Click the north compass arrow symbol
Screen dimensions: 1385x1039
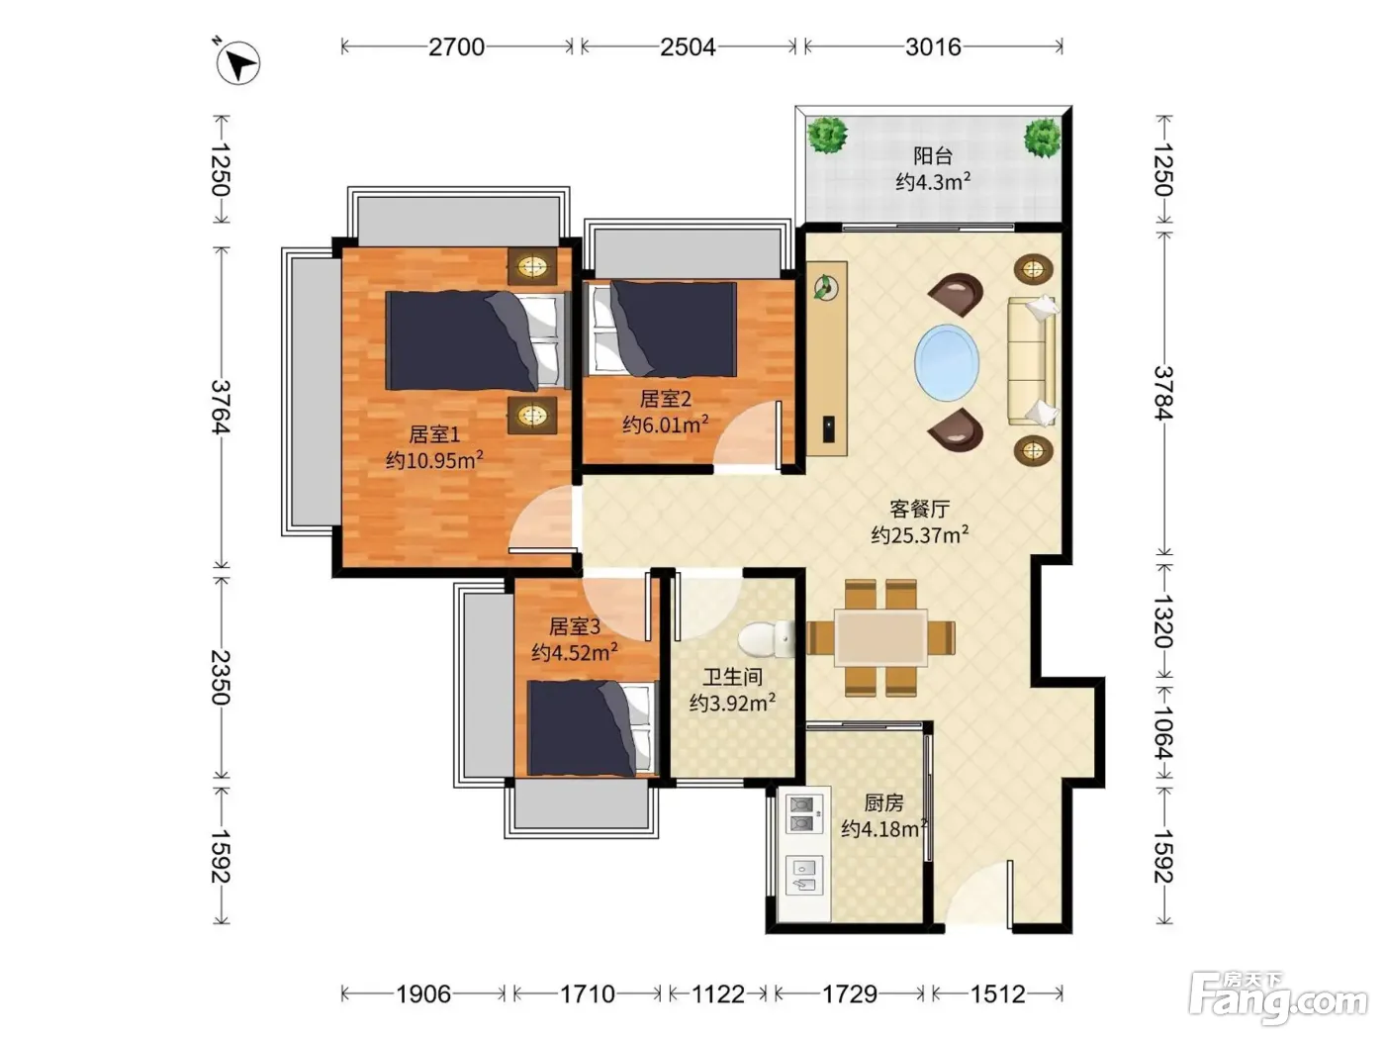coord(237,62)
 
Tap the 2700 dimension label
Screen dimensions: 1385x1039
coord(456,47)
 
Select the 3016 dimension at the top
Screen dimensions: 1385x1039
coord(933,47)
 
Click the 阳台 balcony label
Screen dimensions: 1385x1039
coord(933,155)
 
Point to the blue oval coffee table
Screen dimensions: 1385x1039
coord(947,363)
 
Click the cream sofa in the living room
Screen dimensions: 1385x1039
coord(1032,360)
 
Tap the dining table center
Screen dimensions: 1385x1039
coord(880,637)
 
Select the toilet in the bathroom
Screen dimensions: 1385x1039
coord(766,638)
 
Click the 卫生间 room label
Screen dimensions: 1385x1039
coord(732,677)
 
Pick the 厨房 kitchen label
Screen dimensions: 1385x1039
coord(883,803)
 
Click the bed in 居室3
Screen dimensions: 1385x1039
coord(589,728)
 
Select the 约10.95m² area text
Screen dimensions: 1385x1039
coord(434,460)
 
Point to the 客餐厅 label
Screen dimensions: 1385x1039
coord(920,509)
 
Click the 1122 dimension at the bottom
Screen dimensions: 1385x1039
coord(718,994)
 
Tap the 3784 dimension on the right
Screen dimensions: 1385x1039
coord(1164,393)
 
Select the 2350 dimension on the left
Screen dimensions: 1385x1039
coord(221,677)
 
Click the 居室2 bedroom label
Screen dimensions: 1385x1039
coord(666,399)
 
